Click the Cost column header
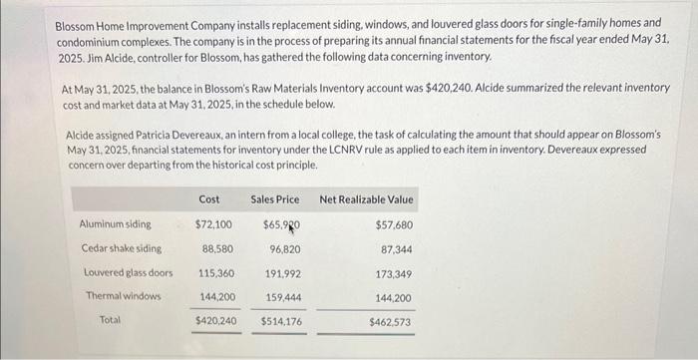click(209, 199)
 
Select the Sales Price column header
click(274, 199)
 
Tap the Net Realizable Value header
click(366, 199)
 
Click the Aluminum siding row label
click(116, 224)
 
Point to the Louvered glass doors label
click(128, 272)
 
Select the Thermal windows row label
click(123, 296)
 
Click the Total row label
click(111, 320)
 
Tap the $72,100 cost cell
click(213, 224)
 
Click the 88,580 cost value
click(217, 248)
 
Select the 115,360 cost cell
click(215, 272)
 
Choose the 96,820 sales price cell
click(285, 248)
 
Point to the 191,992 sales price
click(281, 272)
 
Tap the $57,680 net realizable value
click(393, 225)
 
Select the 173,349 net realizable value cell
click(393, 273)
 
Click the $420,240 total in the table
click(214, 321)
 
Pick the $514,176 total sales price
click(280, 321)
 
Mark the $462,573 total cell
click(390, 322)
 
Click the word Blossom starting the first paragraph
click(76, 22)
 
